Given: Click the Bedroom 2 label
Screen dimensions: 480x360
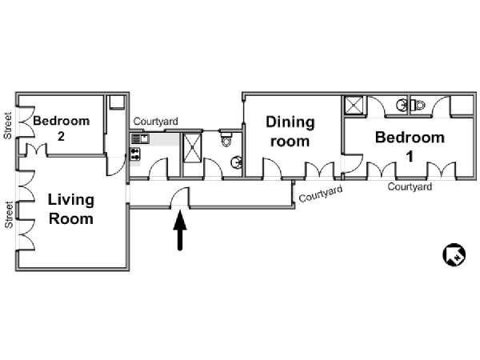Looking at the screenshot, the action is pos(62,129).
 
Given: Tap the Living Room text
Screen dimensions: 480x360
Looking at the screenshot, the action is pos(71,210).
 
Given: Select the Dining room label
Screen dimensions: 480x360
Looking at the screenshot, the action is pos(290,132).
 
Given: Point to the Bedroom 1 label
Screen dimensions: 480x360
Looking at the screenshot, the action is pos(410,146).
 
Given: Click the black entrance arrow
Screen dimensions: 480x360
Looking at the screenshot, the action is pos(180,230).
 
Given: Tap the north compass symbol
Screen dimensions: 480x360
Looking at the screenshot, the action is pos(454,254).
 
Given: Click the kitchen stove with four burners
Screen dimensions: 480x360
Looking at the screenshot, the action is pos(135,154).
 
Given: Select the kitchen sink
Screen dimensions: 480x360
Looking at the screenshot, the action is pos(140,138).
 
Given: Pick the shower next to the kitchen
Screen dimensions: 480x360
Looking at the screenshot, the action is pos(192,147).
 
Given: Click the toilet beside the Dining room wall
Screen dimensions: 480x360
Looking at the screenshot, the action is pos(226,138).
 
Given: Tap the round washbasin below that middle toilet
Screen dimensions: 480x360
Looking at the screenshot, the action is pos(236,162).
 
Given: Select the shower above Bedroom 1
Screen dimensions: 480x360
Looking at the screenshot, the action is pos(354,106).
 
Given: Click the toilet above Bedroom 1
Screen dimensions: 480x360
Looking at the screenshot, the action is pos(418,106).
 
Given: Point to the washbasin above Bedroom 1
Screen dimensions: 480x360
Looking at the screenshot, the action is pos(402,106).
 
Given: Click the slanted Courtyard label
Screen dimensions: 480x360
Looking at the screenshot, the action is pos(321,194).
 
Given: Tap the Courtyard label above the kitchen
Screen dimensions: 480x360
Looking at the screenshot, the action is pos(156,122).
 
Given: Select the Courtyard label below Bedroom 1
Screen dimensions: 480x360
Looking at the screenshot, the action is pos(410,186).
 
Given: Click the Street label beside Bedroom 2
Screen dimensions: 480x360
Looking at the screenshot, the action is pos(8,126).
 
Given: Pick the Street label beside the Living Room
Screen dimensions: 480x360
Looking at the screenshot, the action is pos(9,214).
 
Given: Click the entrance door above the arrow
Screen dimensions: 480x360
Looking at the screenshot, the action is pos(180,198).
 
